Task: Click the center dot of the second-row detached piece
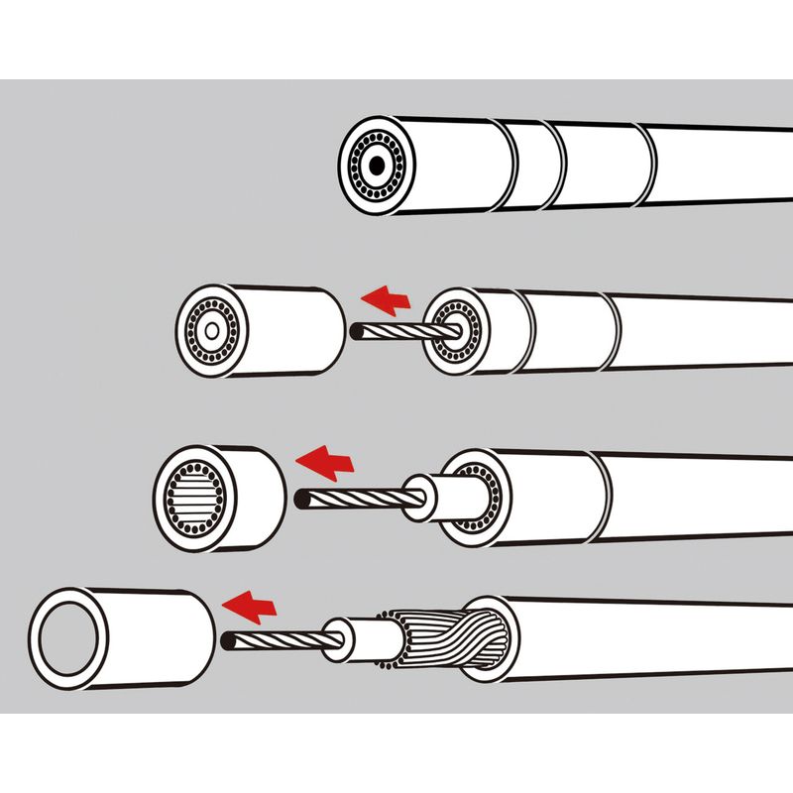pyautogui.click(x=210, y=329)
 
